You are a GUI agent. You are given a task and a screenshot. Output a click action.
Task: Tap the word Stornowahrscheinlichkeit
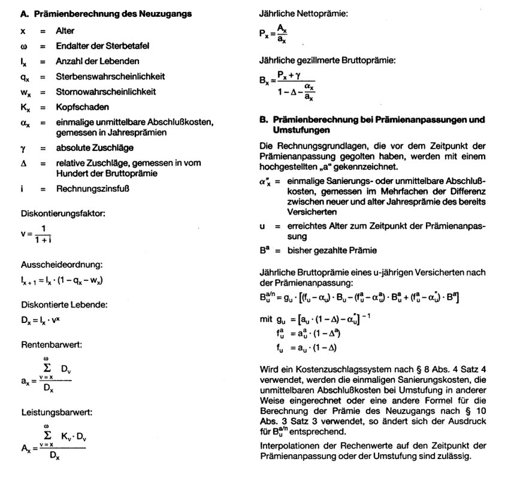105,92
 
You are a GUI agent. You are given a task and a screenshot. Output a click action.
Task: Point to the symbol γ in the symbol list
22,147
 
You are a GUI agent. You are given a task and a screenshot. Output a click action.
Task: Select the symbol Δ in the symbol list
23,163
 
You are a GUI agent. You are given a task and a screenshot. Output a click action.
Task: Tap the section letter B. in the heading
263,120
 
